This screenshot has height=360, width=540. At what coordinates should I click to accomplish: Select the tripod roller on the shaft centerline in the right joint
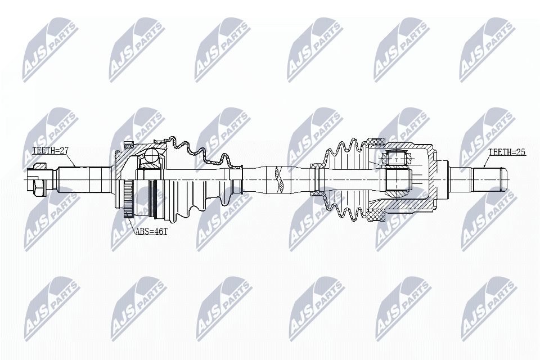pyautogui.click(x=398, y=179)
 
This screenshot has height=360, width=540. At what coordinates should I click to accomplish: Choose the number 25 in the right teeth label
pyautogui.click(x=520, y=152)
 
